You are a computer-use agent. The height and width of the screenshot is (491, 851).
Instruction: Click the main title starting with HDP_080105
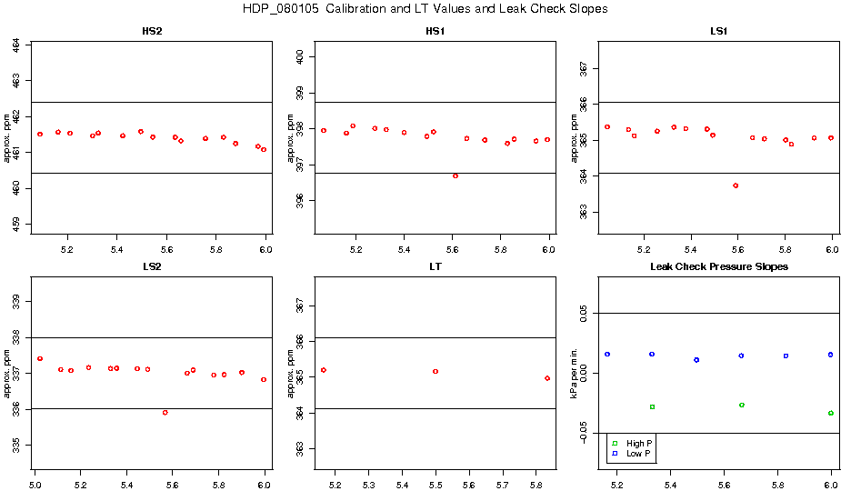point(425,9)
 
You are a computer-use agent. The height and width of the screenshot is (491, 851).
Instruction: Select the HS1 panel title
point(436,31)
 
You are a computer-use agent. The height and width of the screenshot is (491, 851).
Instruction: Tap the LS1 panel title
point(718,31)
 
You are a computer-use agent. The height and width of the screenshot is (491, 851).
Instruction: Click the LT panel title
point(436,266)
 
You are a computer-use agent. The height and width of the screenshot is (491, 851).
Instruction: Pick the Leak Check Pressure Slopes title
point(718,266)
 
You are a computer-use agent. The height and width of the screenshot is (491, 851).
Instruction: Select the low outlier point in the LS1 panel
point(736,185)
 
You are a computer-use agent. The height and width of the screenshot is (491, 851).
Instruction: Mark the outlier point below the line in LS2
point(165,412)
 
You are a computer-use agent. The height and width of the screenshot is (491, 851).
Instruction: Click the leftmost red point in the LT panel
point(324,370)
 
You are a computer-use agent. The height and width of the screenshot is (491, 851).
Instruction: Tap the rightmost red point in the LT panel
point(547,378)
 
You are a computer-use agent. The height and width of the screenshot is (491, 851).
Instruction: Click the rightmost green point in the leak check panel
point(831,413)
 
